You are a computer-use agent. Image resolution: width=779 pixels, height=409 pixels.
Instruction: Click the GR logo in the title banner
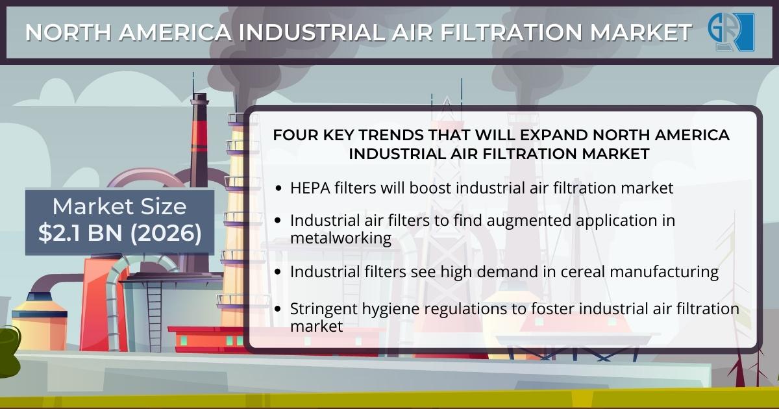(x=731, y=32)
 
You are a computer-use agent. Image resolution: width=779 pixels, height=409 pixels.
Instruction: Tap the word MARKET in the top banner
(x=641, y=32)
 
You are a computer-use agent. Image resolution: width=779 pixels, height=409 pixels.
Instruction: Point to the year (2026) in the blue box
(x=166, y=232)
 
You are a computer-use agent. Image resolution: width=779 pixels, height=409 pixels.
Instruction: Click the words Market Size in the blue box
(x=119, y=206)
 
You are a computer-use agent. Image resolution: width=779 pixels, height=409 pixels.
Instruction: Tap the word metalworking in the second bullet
(x=341, y=238)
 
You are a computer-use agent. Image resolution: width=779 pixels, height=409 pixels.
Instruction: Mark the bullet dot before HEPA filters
(x=278, y=188)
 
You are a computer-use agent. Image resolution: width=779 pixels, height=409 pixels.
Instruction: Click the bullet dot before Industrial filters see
(x=278, y=271)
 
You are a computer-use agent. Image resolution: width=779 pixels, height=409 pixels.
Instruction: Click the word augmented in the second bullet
(x=528, y=221)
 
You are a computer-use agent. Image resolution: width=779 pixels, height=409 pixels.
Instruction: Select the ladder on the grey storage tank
(x=154, y=317)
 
